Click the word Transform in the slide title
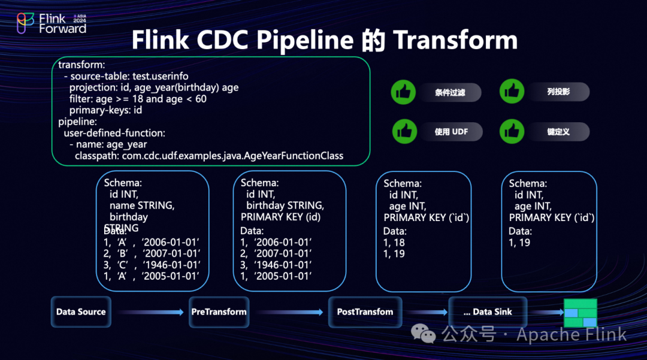point(455,40)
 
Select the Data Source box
point(81,311)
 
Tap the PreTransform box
point(219,311)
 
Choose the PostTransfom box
point(365,311)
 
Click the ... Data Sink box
point(487,311)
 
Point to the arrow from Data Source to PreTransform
point(150,312)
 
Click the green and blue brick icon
point(580,313)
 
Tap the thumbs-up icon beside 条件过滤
point(404,92)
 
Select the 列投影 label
point(558,92)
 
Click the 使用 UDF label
point(451,132)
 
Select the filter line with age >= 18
point(138,99)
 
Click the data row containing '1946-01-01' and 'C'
point(152,264)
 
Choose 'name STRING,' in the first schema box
point(141,205)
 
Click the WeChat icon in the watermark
point(427,334)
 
